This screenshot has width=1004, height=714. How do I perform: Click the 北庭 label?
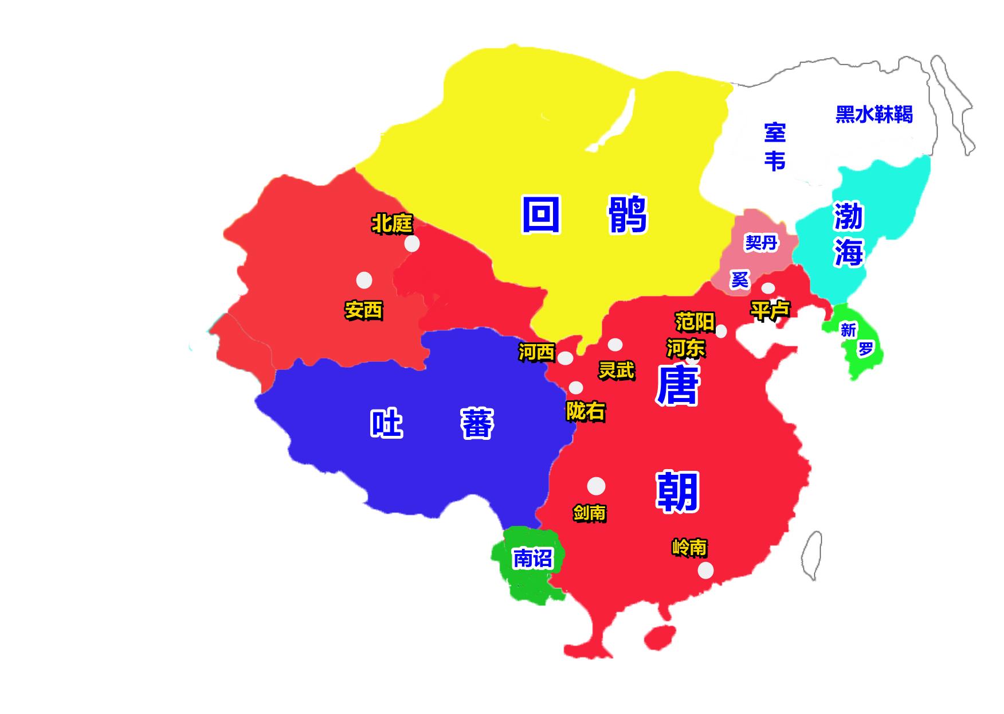pos(392,224)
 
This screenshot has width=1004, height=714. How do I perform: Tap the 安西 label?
pos(363,310)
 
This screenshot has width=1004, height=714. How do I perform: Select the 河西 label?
pos(536,352)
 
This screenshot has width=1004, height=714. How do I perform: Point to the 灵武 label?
pos(617,370)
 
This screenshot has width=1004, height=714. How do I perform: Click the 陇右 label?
pos(585,411)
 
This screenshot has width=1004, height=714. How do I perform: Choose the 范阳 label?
pos(695,322)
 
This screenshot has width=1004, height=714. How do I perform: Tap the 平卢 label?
pos(770,310)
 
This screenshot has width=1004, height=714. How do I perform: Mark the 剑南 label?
pos(589,512)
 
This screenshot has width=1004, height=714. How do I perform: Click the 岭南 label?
pos(689,547)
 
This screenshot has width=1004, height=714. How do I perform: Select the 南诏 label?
pos(532,557)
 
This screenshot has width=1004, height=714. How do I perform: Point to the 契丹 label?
pos(761,243)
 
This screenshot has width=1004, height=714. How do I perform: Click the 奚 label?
pos(739,279)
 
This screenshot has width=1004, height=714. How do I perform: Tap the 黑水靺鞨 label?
pos(873,115)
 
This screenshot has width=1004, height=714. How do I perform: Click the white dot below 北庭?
pos(411,244)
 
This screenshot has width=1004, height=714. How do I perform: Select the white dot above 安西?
pos(364,280)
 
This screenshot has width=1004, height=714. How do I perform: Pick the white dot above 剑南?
pos(596,486)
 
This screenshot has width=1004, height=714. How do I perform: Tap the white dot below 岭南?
pos(705,570)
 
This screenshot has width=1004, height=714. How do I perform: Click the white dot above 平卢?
pos(768,288)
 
